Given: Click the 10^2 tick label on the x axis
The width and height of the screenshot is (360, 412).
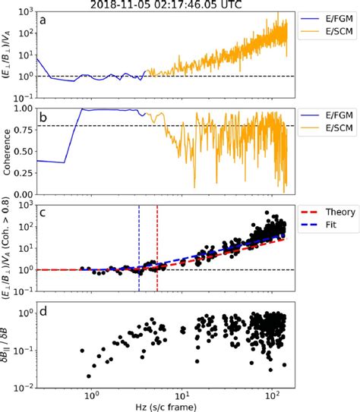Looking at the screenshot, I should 271,394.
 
